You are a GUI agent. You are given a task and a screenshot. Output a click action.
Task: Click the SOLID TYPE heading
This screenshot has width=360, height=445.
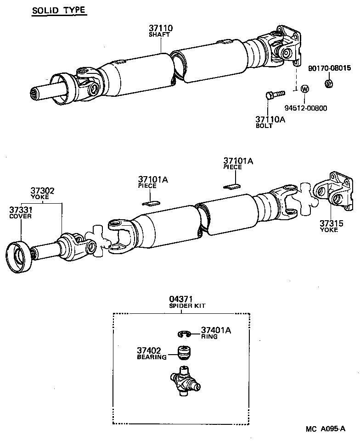point(59,10)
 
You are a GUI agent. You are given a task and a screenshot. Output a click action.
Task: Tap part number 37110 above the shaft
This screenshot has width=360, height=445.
point(160,28)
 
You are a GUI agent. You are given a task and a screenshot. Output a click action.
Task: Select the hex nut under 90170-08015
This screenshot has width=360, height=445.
point(329,83)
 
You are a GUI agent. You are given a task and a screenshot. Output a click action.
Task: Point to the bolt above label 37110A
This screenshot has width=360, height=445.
point(274,95)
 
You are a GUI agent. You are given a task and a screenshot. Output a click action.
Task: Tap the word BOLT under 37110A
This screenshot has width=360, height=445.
point(264,126)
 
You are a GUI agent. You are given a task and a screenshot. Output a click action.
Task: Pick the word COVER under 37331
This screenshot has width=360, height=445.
point(20,216)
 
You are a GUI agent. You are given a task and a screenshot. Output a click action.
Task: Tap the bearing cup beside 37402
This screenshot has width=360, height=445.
point(185,354)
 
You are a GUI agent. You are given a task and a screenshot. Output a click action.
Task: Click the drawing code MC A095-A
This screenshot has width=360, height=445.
point(325,429)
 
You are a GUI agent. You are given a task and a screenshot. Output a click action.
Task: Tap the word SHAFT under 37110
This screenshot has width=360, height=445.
point(159,35)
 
